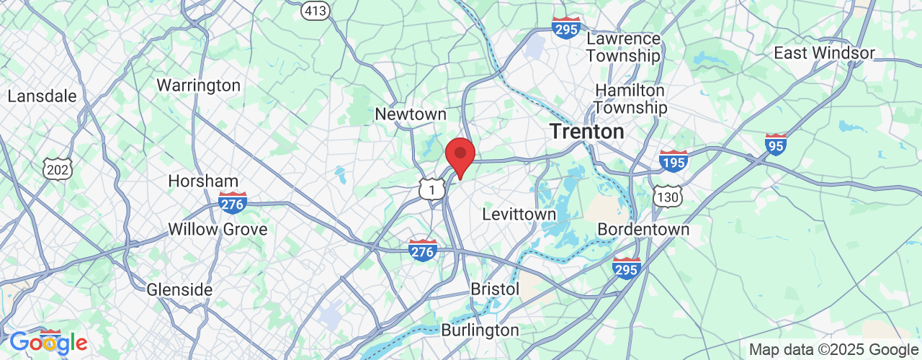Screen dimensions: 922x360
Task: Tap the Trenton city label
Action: point(586,132)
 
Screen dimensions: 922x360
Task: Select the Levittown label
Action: point(519,215)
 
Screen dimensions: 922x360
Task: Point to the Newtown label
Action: point(411,114)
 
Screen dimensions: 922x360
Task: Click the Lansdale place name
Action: point(42,96)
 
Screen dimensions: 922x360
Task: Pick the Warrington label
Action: point(198,86)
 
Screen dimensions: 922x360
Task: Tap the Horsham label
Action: point(203,181)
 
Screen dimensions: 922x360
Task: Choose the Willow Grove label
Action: point(218,230)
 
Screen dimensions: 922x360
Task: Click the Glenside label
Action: point(179,289)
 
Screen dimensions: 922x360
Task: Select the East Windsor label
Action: point(824,53)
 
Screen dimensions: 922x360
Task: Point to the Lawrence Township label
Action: point(623,47)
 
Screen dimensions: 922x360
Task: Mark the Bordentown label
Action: point(643,230)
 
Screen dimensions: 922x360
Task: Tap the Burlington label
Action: point(480,330)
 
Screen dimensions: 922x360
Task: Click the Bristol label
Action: point(495,289)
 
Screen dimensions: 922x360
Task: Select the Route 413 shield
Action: point(315,11)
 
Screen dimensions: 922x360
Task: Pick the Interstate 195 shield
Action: point(673,161)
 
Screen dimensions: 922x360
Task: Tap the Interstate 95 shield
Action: point(776,145)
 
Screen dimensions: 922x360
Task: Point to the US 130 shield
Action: point(667,196)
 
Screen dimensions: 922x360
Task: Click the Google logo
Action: point(48,343)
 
